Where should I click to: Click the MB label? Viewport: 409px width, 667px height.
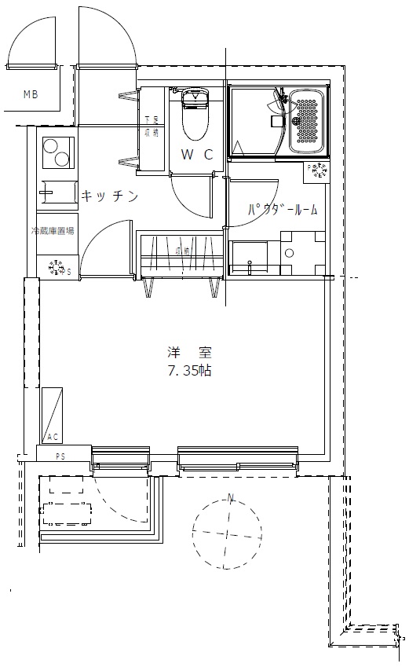click(30, 95)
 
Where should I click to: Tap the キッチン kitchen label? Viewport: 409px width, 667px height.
click(110, 196)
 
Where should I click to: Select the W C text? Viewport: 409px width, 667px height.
click(196, 155)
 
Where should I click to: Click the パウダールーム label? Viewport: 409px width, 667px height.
click(283, 209)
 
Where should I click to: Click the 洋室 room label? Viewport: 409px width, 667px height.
click(189, 352)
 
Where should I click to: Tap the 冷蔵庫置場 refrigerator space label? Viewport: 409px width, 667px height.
click(53, 231)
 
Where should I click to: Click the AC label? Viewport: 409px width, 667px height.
click(53, 437)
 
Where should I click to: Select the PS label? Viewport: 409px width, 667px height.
click(60, 456)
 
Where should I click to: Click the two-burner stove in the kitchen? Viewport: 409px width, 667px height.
click(57, 152)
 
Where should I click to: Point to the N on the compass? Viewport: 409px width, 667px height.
click(231, 497)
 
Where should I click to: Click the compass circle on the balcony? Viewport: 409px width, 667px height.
click(228, 533)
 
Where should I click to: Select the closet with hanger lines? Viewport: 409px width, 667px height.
click(180, 254)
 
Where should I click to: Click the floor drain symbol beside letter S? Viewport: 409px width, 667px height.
click(57, 268)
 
